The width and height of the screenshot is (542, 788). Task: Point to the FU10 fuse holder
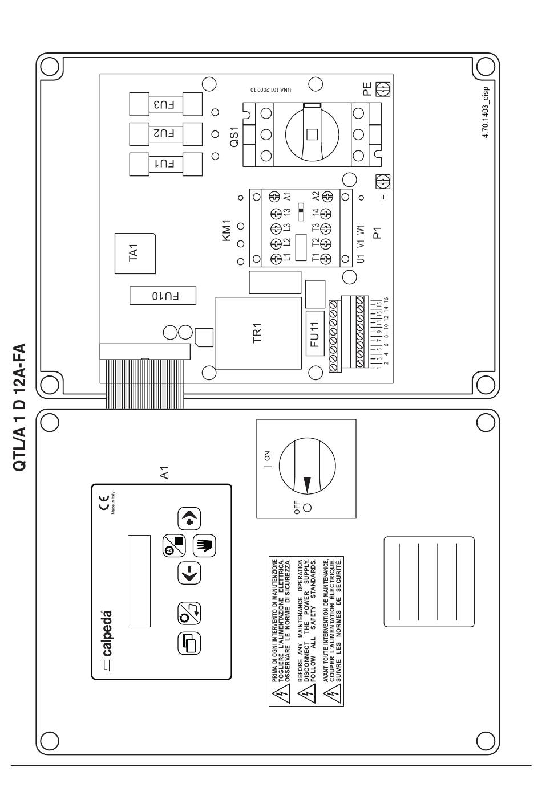[163, 296]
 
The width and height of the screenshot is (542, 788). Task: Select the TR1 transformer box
[258, 333]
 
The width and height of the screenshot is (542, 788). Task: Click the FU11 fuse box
[315, 333]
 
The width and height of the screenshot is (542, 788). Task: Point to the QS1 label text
[234, 137]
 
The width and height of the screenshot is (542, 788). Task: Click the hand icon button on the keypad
[205, 546]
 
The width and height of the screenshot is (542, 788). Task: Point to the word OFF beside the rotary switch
[297, 508]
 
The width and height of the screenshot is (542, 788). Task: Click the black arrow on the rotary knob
[308, 484]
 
